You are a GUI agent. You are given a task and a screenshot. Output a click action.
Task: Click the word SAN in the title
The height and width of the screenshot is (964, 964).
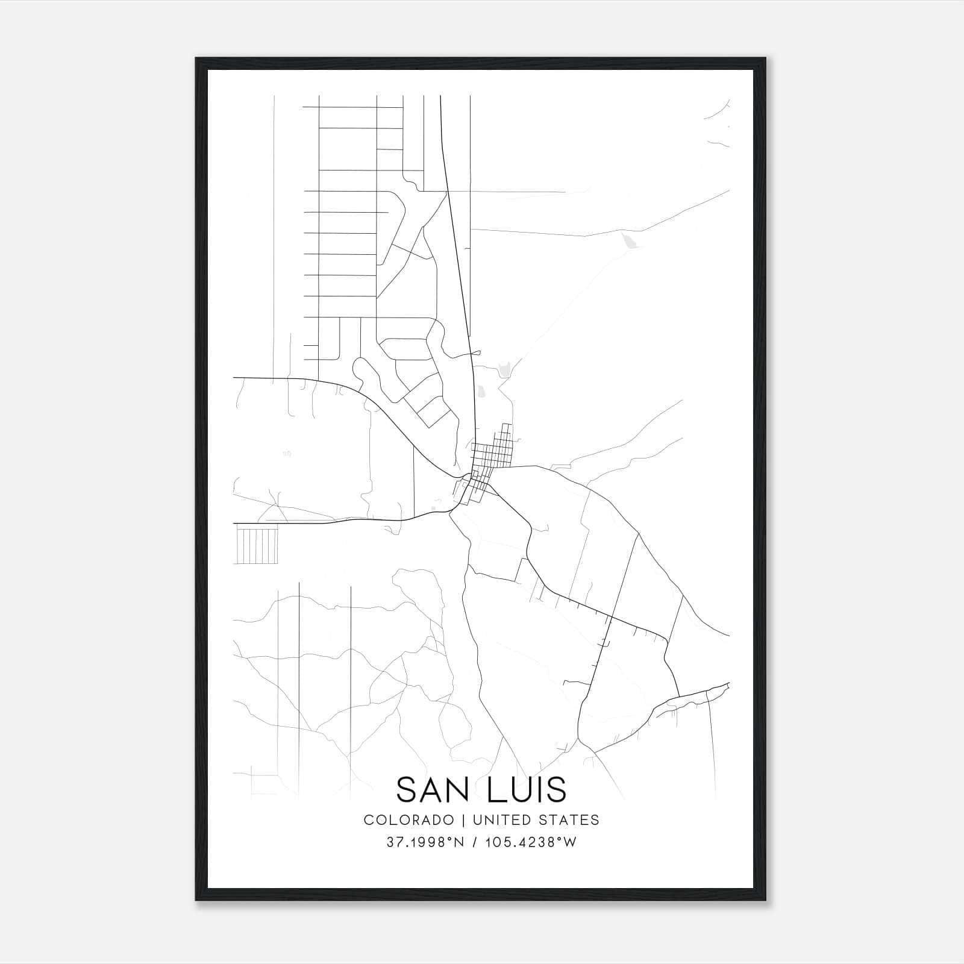[x=434, y=789]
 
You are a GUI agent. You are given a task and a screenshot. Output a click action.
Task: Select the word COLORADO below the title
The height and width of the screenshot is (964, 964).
[x=409, y=820]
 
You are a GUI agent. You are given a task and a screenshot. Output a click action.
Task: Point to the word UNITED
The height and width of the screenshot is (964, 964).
[x=502, y=820]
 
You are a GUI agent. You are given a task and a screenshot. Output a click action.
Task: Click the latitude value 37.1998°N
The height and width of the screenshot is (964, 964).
[x=425, y=842]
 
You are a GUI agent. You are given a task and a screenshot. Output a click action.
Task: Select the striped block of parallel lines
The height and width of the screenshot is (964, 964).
[x=257, y=544]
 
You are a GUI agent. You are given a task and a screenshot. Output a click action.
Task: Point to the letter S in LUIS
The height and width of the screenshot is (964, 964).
[x=557, y=789]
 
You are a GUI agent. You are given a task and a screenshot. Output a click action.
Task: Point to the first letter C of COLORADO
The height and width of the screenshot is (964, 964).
[x=368, y=820]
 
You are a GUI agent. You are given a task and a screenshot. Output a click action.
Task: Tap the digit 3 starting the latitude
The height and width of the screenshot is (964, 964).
[x=390, y=842]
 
